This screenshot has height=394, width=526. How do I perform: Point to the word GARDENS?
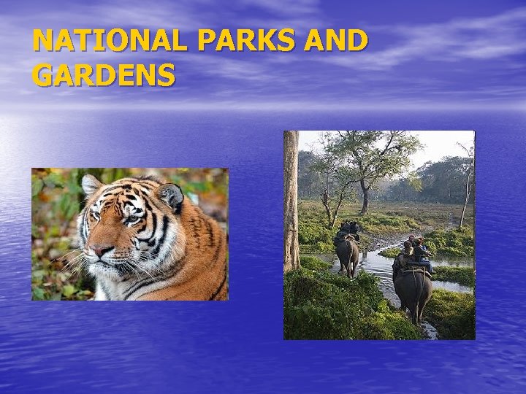pyautogui.click(x=104, y=75)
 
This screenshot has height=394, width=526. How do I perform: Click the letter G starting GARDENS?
pyautogui.click(x=42, y=75)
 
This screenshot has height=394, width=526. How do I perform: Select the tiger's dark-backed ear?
pyautogui.click(x=171, y=196)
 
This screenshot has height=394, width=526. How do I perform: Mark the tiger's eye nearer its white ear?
pyautogui.click(x=95, y=216)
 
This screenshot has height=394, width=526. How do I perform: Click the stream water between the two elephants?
pyautogui.click(x=376, y=270)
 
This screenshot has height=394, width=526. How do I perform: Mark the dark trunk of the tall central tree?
pyautogui.click(x=364, y=193)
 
